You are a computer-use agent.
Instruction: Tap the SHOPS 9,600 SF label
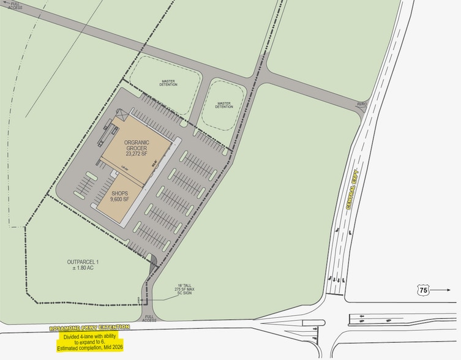(120, 196)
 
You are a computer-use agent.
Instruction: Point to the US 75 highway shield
(423, 291)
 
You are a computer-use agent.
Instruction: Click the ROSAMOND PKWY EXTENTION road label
(90, 328)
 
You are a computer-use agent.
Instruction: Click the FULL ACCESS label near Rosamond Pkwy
(149, 318)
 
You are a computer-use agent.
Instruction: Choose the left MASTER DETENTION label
(169, 82)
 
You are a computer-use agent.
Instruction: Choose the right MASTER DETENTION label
(223, 105)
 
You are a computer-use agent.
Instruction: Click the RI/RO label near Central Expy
(362, 105)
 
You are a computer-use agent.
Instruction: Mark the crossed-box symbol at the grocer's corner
(120, 114)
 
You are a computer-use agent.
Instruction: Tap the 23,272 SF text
(137, 153)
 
